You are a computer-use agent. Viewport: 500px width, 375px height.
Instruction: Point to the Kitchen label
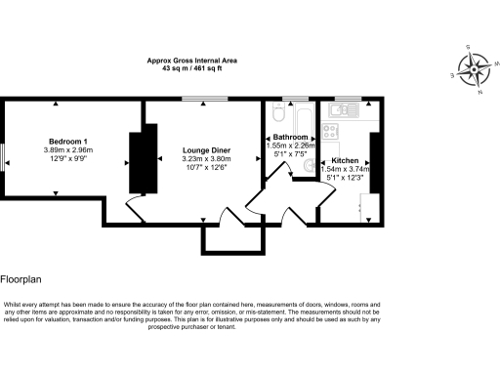click(345, 160)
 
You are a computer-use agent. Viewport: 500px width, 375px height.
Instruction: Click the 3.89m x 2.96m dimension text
click(64, 149)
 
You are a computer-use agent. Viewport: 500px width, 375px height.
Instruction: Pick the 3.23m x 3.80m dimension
click(204, 159)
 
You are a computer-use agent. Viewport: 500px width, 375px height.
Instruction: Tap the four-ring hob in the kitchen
click(335, 127)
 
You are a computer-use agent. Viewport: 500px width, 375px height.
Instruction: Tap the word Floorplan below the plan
click(20, 278)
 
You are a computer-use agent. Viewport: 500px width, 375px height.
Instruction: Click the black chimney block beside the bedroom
click(139, 162)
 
